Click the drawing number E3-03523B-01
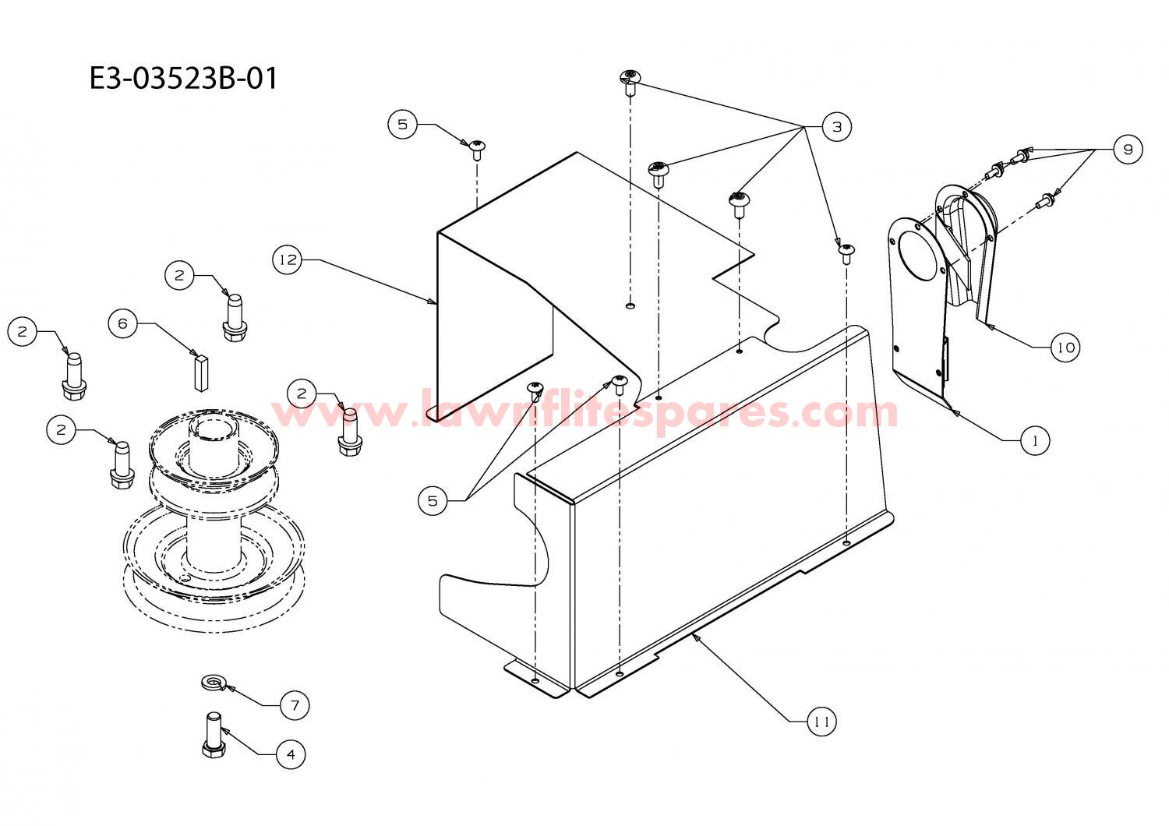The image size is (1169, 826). click(183, 79)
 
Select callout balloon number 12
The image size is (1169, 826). click(288, 259)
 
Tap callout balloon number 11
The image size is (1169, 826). click(821, 722)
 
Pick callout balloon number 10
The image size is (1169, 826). click(1065, 348)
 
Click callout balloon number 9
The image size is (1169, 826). click(1128, 150)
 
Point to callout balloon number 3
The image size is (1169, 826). click(836, 127)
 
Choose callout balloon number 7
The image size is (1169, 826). click(295, 706)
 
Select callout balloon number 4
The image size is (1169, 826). click(291, 754)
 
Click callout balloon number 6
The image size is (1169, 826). click(122, 323)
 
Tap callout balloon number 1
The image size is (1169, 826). click(1034, 441)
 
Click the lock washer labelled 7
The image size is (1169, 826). click(214, 682)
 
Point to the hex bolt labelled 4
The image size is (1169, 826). click(214, 735)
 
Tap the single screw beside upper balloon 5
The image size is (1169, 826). click(477, 150)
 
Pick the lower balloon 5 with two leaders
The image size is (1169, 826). click(433, 501)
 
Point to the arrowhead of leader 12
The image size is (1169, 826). click(433, 301)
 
